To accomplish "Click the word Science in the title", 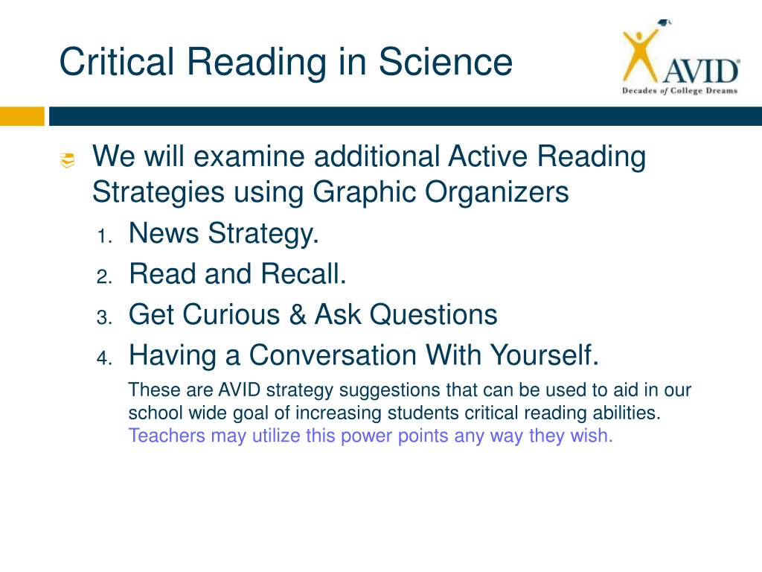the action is point(445,62).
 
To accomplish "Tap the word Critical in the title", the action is point(117,62).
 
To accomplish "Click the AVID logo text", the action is point(701,71).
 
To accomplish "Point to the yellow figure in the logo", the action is point(641,55).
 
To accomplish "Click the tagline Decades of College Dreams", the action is point(680,90).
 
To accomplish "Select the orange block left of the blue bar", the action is point(22,116).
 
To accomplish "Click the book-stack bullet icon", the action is point(67,160).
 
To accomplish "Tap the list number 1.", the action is point(103,236).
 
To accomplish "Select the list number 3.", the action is point(104,317).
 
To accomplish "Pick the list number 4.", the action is point(104,358).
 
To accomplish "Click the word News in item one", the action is point(164,232).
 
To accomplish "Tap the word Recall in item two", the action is point(304,273).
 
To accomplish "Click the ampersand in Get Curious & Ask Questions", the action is point(298,314).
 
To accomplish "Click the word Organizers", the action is point(496,192).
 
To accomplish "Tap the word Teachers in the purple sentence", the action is point(167,435).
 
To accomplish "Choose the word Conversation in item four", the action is point(333,355).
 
